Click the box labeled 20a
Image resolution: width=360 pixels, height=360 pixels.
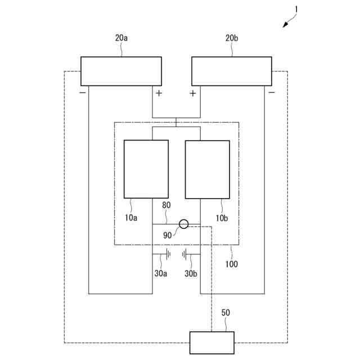(121, 71)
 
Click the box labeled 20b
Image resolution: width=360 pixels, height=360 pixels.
(232, 71)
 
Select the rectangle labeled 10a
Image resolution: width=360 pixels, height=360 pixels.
(146, 169)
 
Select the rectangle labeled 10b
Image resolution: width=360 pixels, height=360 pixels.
(207, 169)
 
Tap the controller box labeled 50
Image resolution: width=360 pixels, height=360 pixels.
(211, 343)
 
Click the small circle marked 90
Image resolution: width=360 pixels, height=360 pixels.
(183, 224)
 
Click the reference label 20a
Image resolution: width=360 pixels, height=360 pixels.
(121, 38)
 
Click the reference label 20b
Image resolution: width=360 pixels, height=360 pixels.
(232, 38)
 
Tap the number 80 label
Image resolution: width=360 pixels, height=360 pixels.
(166, 206)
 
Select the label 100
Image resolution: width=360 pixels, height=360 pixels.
(231, 263)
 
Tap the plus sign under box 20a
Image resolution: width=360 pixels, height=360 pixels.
(159, 93)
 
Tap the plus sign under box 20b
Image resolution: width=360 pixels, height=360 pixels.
(193, 93)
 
